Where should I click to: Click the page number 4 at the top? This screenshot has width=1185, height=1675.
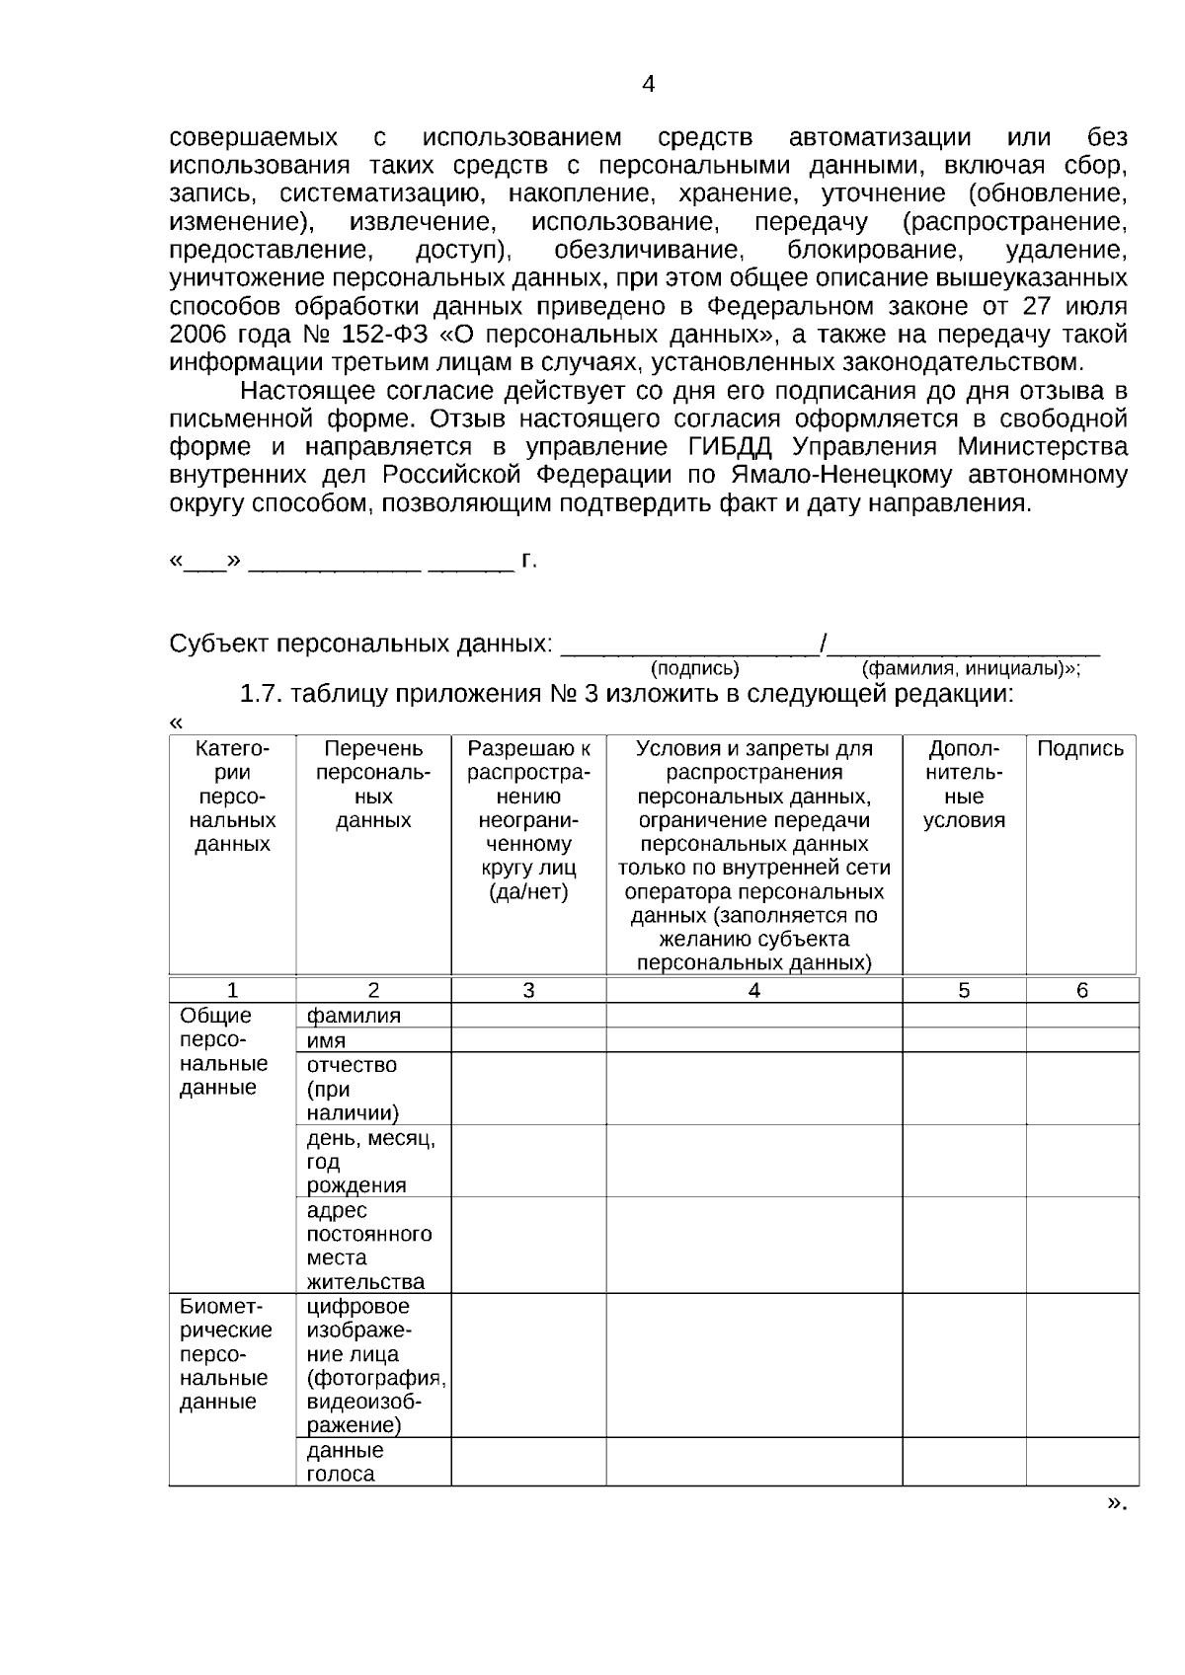(x=648, y=85)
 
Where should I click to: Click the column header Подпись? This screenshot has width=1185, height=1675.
(x=1080, y=748)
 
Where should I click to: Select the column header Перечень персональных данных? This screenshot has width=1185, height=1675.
(x=373, y=785)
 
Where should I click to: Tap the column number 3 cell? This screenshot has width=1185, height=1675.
(x=528, y=990)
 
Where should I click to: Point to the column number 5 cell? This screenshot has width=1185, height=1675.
(x=964, y=990)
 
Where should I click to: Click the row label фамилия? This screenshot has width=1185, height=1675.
(x=354, y=1016)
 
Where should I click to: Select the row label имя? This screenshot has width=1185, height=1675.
(x=327, y=1040)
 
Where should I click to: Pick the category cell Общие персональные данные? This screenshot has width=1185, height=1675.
(x=223, y=1051)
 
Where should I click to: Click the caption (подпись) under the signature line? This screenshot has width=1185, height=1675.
(x=694, y=668)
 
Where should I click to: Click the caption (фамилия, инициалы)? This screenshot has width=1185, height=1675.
(x=969, y=668)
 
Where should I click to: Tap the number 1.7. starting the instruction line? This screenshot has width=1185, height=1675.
(x=262, y=694)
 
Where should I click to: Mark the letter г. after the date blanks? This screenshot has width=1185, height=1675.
(x=529, y=562)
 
